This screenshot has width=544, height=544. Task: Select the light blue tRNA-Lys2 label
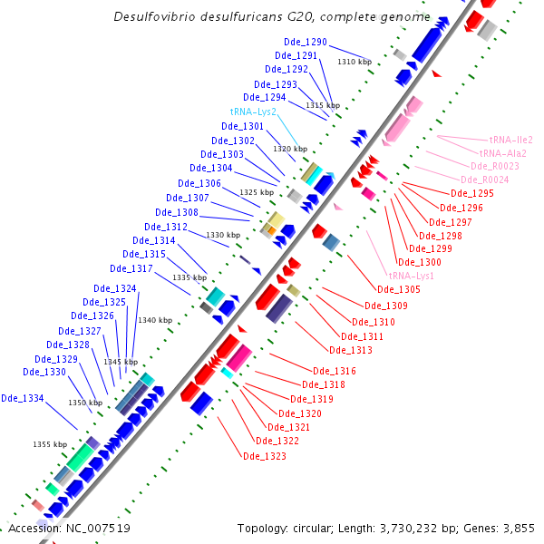(253, 112)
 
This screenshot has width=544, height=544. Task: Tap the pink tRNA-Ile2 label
(510, 141)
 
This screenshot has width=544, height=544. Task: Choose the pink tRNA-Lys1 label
(411, 276)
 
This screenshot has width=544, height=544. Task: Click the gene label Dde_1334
(23, 398)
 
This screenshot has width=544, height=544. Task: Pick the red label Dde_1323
(265, 456)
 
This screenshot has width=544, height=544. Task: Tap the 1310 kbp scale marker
(355, 62)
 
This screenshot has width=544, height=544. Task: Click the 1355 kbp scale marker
(50, 444)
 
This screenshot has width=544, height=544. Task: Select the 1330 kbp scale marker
(223, 235)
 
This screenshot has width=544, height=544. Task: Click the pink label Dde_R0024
(485, 180)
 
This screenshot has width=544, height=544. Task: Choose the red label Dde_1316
(335, 371)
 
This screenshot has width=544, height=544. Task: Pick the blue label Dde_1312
(166, 227)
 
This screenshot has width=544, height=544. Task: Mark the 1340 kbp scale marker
(154, 320)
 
